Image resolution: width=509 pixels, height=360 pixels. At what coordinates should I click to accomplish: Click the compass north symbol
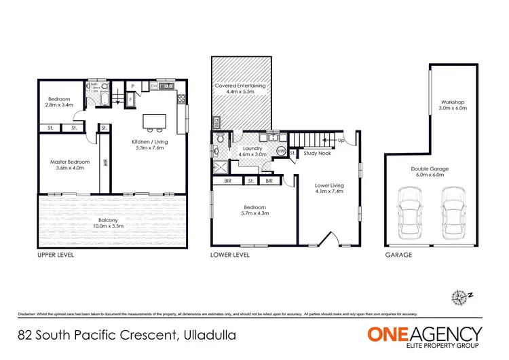click(x=459, y=296)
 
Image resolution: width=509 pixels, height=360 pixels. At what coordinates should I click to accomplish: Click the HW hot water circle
click(x=281, y=152)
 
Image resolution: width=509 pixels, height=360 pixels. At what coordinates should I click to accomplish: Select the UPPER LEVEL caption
click(x=56, y=255)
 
